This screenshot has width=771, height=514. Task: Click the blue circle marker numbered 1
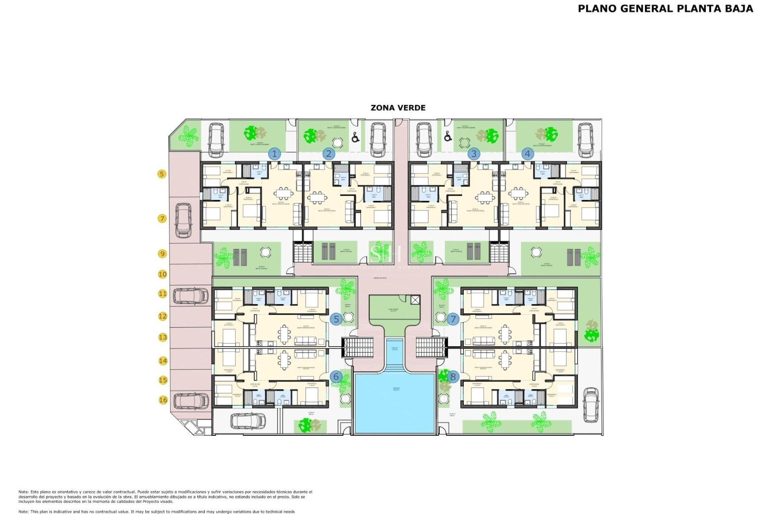(x=275, y=154)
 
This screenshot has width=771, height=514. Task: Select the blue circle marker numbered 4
(x=528, y=154)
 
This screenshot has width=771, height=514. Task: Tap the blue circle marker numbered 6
(x=336, y=377)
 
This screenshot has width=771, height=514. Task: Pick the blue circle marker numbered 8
(x=453, y=377)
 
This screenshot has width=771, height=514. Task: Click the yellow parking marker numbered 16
(x=163, y=400)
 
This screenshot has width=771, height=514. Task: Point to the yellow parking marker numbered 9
(x=162, y=254)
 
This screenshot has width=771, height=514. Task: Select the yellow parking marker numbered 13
(x=163, y=337)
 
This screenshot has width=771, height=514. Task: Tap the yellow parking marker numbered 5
(x=162, y=174)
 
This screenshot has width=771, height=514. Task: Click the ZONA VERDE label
(x=398, y=108)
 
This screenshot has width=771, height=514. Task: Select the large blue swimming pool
(x=394, y=404)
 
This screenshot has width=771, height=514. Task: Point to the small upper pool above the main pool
(x=394, y=350)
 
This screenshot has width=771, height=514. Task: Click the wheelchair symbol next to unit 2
(x=355, y=138)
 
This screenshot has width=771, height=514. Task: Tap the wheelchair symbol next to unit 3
(x=448, y=137)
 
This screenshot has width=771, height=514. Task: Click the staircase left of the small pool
(x=357, y=347)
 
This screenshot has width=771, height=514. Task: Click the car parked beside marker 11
(x=191, y=296)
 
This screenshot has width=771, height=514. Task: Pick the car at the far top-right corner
(x=586, y=140)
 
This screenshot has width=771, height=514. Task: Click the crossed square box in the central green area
(x=415, y=300)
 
